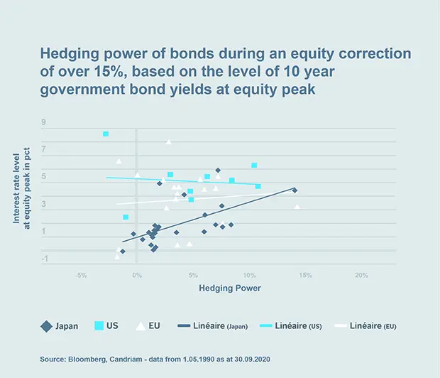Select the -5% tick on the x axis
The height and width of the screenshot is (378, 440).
pos(80,275)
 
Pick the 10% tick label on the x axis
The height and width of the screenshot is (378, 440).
pos(249,275)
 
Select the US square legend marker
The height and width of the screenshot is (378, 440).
pos(99,326)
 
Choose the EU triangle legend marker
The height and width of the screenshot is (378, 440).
pos(141,326)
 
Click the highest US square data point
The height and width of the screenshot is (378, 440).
pos(106,134)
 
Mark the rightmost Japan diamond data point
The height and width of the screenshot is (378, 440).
pos(295,190)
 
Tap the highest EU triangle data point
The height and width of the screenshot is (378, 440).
pos(169,141)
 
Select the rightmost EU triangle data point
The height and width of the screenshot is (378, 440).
pos(297,207)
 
